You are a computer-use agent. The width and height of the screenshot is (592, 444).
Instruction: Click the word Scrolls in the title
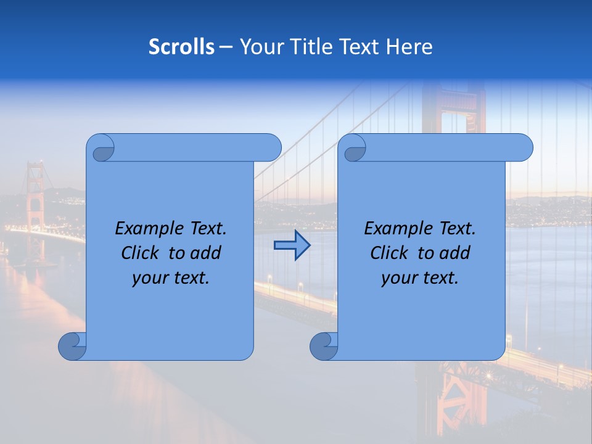click(182, 47)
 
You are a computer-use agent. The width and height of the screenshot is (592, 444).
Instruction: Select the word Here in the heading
click(409, 47)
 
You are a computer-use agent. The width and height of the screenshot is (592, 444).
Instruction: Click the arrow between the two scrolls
click(292, 245)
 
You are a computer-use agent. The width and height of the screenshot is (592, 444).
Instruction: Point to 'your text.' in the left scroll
click(171, 278)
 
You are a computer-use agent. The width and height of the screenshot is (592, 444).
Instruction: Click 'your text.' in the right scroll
click(420, 278)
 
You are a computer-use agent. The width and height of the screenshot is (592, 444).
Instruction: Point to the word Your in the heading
click(260, 47)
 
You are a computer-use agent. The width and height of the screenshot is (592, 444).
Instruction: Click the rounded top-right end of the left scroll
click(271, 147)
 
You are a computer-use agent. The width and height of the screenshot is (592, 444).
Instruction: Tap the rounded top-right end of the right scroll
click(523, 147)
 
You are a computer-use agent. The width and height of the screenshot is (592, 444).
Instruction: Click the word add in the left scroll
click(206, 253)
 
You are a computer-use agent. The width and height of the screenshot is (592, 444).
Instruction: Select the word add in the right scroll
click(455, 253)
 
